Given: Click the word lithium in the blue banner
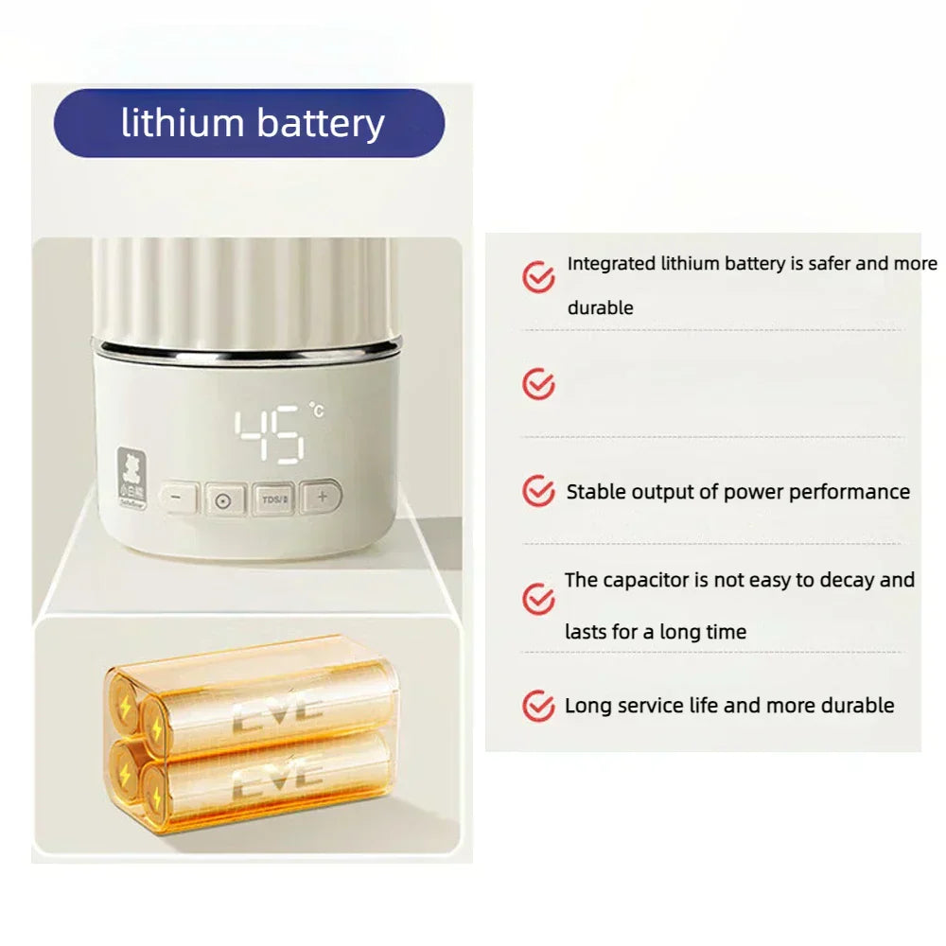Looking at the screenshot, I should click(x=181, y=123).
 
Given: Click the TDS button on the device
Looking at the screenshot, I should click(x=274, y=499).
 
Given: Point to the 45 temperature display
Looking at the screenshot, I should click(x=269, y=433).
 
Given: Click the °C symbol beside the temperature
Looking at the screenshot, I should click(x=315, y=411).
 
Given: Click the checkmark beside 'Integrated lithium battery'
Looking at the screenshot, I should click(x=538, y=277).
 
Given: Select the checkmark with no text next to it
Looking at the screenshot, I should click(x=538, y=384).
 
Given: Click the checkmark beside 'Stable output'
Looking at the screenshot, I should click(x=538, y=491).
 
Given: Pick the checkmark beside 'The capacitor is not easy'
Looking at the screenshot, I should click(x=538, y=599).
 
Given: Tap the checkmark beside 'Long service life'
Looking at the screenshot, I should click(x=538, y=706).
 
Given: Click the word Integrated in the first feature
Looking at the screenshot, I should click(x=611, y=264).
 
